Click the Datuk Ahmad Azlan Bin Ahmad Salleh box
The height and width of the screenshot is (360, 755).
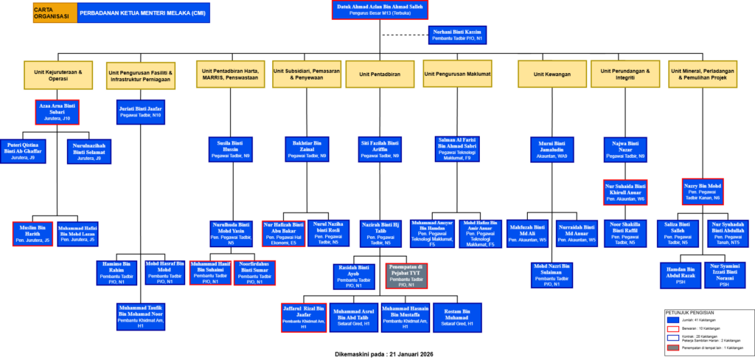[x=380, y=10]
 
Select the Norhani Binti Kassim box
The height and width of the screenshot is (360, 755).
[x=456, y=35]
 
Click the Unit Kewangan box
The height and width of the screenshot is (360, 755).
[x=546, y=74]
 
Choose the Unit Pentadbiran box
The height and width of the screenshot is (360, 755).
[x=380, y=74]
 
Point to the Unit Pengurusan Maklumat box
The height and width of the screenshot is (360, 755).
[x=458, y=74]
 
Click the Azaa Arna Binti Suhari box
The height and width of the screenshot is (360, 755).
[x=57, y=112]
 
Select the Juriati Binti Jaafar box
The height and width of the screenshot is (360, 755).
[x=141, y=112]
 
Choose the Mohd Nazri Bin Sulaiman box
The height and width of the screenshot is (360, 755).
[x=552, y=274]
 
